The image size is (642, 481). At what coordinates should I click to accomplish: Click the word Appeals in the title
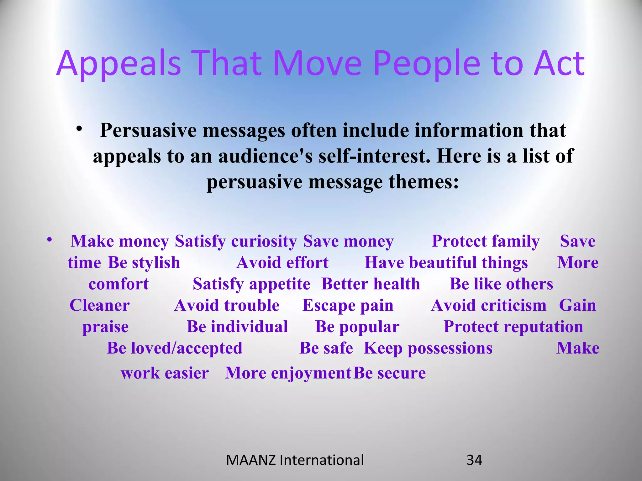119,64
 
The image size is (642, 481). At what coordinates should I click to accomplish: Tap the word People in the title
427,64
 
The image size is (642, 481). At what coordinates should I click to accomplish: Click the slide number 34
474,460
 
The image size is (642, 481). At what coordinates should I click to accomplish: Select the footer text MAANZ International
295,460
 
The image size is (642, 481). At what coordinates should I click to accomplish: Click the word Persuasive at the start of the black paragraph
148,130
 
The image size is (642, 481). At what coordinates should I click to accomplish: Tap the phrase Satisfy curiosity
236,241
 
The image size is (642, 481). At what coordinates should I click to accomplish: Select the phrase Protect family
486,241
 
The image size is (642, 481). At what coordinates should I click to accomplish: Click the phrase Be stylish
144,262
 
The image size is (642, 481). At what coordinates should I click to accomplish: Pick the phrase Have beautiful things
446,262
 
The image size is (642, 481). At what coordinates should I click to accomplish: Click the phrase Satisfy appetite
251,284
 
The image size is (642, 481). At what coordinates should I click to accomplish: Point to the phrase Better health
371,284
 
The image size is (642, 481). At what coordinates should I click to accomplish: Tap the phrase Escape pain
348,305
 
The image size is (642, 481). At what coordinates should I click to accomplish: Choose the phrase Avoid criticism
488,305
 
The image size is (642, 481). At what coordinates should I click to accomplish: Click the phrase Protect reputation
513,327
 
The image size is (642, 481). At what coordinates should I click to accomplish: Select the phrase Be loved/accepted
175,348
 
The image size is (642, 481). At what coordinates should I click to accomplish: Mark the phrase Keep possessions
428,348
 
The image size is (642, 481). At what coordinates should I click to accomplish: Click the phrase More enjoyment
288,373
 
